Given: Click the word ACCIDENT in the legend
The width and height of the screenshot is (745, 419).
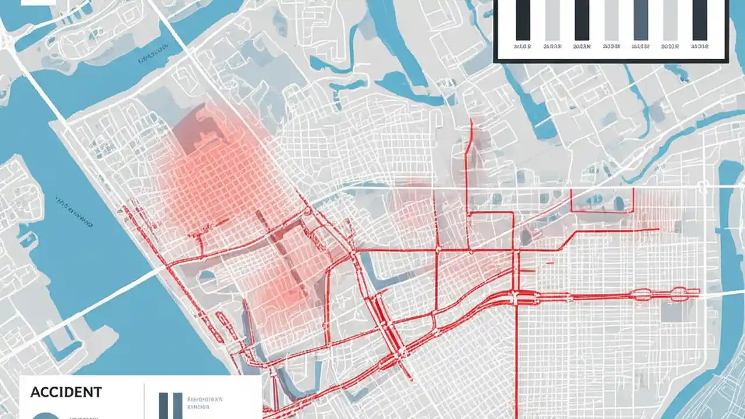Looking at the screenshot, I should point(66,392).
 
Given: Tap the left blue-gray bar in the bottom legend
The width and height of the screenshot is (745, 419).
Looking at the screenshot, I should point(163,406).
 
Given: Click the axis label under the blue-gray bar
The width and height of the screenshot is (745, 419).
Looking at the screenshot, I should point(641,45).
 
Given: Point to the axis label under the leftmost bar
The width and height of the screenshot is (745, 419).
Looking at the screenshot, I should point(523,45).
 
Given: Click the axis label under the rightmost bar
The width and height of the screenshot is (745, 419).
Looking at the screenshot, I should point(700,45).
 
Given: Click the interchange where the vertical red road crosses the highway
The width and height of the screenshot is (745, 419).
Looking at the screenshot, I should point(516,297).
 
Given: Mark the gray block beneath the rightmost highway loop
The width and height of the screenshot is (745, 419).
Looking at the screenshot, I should point(675,311).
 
